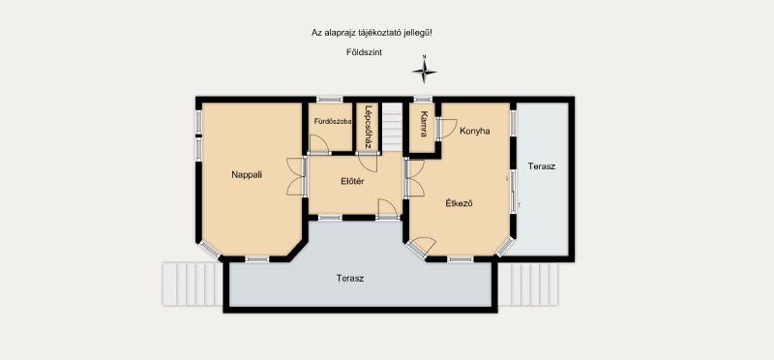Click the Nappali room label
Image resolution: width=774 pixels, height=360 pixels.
pyautogui.click(x=247, y=174)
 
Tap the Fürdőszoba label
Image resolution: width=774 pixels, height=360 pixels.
pyautogui.click(x=333, y=122)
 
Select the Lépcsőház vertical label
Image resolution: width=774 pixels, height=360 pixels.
pyautogui.click(x=368, y=128)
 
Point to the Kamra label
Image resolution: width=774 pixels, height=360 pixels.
pyautogui.click(x=424, y=124)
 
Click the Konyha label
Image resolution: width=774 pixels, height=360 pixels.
pyautogui.click(x=474, y=131)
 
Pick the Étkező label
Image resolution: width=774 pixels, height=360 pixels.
pyautogui.click(x=459, y=203)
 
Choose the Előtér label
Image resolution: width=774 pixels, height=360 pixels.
pyautogui.click(x=352, y=181)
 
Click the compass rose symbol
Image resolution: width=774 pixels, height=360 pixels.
pyautogui.click(x=424, y=70)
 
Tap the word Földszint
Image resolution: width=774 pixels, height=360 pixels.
pyautogui.click(x=365, y=52)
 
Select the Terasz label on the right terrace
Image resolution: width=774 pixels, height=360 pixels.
pyautogui.click(x=542, y=166)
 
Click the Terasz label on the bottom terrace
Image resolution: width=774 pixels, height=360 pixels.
pyautogui.click(x=350, y=279)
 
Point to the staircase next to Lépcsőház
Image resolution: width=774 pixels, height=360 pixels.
pyautogui.click(x=393, y=127)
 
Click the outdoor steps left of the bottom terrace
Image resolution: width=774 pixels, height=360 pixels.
pyautogui.click(x=193, y=284)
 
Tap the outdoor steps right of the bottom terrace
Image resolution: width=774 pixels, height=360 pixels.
pyautogui.click(x=527, y=284)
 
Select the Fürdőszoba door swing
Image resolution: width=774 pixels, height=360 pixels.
pyautogui.click(x=319, y=144)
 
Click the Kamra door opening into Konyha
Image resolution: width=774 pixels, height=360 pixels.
pyautogui.click(x=448, y=129)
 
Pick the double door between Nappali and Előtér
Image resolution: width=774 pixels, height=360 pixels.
pyautogui.click(x=296, y=176)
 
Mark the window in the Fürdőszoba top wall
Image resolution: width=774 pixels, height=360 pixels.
pyautogui.click(x=329, y=100)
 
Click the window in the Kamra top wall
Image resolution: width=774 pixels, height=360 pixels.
pyautogui.click(x=423, y=100)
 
